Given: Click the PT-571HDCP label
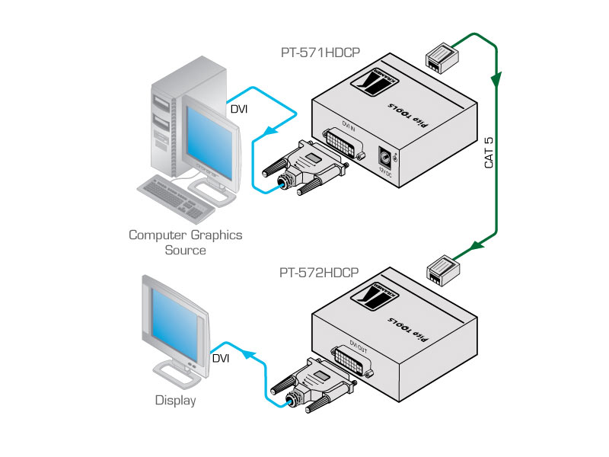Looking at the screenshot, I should [320, 53].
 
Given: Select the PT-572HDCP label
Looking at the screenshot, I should [319, 272].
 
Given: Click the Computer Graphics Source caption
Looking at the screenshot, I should [185, 242].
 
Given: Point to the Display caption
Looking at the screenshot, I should [175, 400].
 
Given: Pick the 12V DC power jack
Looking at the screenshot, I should [386, 158].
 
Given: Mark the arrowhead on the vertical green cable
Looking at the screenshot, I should [498, 78].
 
